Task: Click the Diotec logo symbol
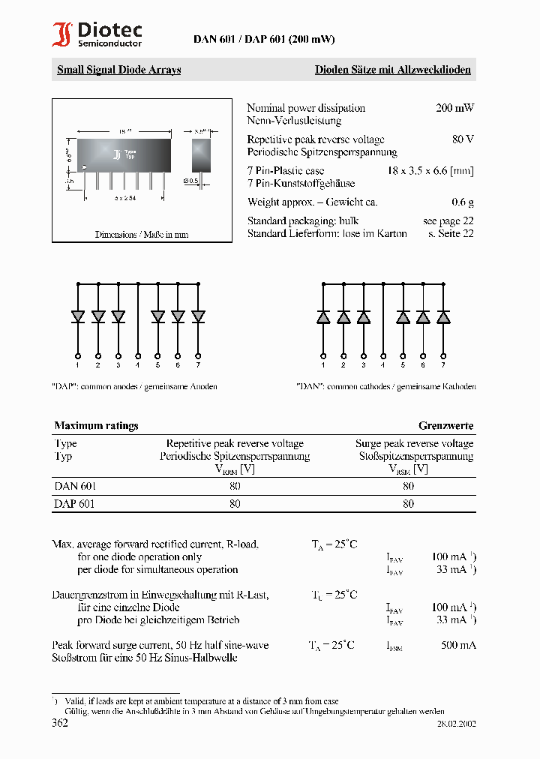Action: pyautogui.click(x=62, y=35)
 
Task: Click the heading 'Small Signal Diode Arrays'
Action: pyautogui.click(x=118, y=70)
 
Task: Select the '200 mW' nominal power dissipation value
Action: pyautogui.click(x=454, y=108)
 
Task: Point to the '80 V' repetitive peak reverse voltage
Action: pyautogui.click(x=463, y=139)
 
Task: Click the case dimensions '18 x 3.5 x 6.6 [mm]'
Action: pyautogui.click(x=430, y=171)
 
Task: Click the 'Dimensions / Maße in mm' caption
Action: pyautogui.click(x=142, y=235)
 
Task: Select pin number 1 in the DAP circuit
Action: pyautogui.click(x=78, y=364)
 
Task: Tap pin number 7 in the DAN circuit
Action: pyautogui.click(x=443, y=364)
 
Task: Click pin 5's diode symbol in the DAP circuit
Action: pyautogui.click(x=157, y=316)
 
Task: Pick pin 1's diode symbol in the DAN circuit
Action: pyautogui.click(x=323, y=316)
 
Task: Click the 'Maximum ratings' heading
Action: pyautogui.click(x=96, y=425)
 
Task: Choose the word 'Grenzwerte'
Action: pyautogui.click(x=445, y=425)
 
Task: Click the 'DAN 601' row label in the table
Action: pyautogui.click(x=75, y=486)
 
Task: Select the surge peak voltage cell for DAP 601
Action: pyautogui.click(x=408, y=505)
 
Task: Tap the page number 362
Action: pyautogui.click(x=60, y=723)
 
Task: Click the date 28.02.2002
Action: pyautogui.click(x=456, y=724)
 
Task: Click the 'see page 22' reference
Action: pyautogui.click(x=448, y=221)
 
